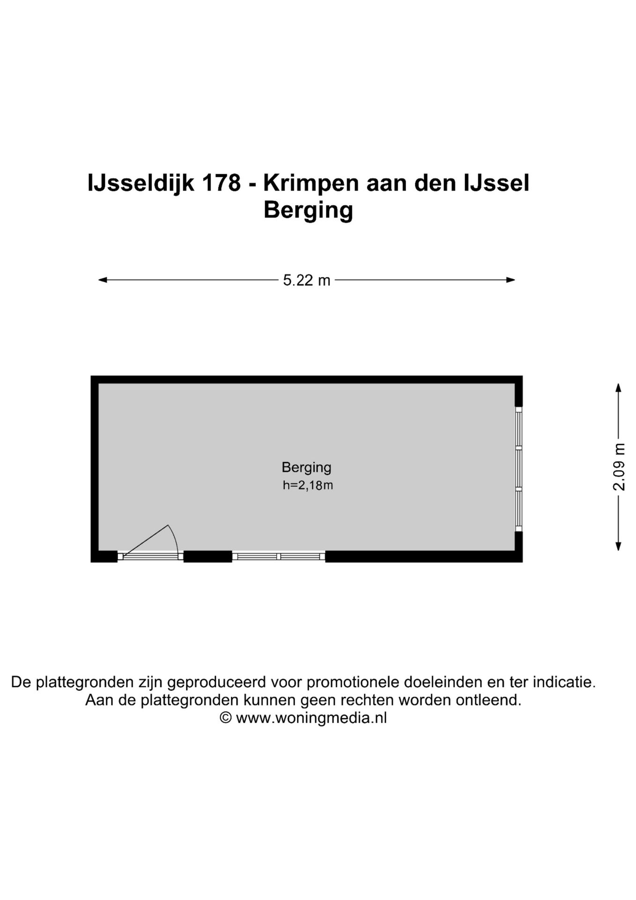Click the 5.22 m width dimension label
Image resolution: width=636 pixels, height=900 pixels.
point(307,280)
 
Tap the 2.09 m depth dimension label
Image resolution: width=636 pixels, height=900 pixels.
point(619,466)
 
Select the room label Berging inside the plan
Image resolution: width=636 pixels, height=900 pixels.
point(306,467)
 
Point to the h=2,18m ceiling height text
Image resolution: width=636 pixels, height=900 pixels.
point(308,485)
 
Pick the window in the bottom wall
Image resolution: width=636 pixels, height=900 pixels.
point(279,556)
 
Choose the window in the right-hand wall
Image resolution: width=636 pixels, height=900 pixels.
point(518,469)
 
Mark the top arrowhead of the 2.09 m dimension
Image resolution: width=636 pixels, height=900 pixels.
point(618,388)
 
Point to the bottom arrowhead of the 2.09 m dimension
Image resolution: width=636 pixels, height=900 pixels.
point(618,546)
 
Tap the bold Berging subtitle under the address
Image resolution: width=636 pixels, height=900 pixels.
point(308,210)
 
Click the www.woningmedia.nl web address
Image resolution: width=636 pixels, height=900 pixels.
point(311,718)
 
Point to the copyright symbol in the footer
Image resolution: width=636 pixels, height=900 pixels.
point(226,718)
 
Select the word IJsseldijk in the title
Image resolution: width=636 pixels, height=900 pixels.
point(141,183)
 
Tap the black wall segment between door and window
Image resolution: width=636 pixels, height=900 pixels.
point(207,556)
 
